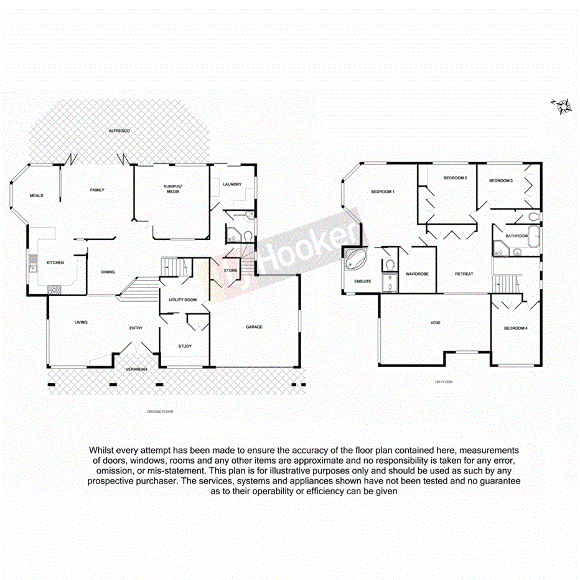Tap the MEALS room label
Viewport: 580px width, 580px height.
pyautogui.click(x=36, y=195)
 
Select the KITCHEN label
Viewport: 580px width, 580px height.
pyautogui.click(x=55, y=263)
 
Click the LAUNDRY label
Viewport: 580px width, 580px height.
pyautogui.click(x=231, y=184)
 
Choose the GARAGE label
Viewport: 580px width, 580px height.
pyautogui.click(x=254, y=327)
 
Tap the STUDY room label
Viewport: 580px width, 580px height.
pyautogui.click(x=185, y=346)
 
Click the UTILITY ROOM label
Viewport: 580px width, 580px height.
pyautogui.click(x=182, y=300)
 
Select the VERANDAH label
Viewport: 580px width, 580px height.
pyautogui.click(x=136, y=370)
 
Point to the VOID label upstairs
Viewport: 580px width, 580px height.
pyautogui.click(x=436, y=323)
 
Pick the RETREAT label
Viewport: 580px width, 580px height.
pyautogui.click(x=464, y=274)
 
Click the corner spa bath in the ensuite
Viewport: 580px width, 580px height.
pyautogui.click(x=355, y=260)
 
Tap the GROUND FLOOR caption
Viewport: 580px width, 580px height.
pyautogui.click(x=159, y=412)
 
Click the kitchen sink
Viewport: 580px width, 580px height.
pyautogui.click(x=31, y=268)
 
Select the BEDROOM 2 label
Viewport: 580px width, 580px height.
pyautogui.click(x=455, y=179)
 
